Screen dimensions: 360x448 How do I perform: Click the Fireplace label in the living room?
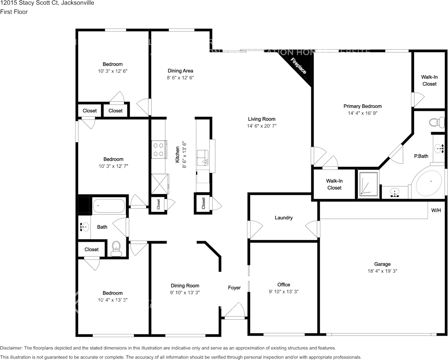coord(298,66)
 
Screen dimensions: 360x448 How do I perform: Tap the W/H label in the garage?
coord(436,210)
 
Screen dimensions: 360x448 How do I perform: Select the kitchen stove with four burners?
coord(158,149)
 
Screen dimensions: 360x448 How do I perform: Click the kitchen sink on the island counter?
coord(202,158)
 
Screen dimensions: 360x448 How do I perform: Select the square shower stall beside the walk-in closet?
coord(368,185)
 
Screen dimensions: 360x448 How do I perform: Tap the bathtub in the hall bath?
coord(109,206)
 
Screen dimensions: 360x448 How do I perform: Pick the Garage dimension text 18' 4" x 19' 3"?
coord(382,271)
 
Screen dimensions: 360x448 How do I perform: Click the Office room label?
coord(284,285)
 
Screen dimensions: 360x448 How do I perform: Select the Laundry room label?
coord(284,218)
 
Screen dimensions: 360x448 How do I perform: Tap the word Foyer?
coord(234,288)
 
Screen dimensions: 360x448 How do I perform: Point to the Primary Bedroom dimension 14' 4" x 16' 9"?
coord(362,113)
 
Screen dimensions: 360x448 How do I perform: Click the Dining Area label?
coord(180,71)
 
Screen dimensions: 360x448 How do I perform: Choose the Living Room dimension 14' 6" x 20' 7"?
coord(261,126)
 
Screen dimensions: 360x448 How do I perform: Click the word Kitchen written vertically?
coord(177,155)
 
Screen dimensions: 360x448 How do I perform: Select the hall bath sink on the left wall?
coord(84,228)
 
